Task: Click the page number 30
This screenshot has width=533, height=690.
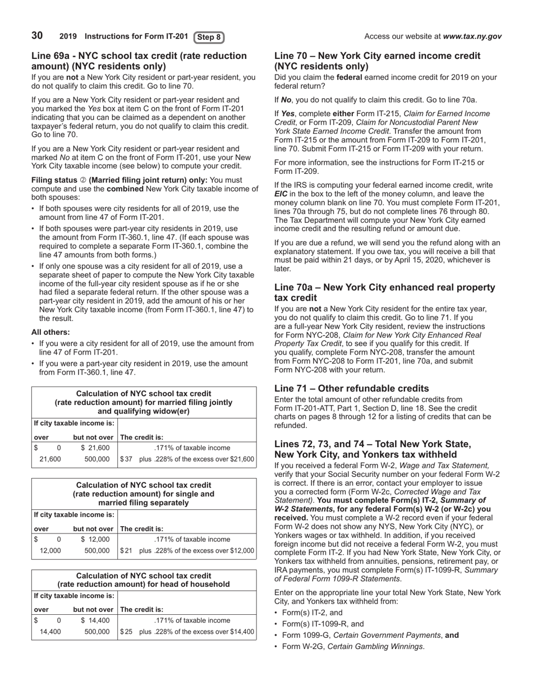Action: (x=37, y=36)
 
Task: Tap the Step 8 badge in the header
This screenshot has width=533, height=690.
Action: (x=209, y=37)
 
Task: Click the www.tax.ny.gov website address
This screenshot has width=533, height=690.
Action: (x=472, y=36)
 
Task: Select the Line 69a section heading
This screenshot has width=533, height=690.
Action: (x=139, y=61)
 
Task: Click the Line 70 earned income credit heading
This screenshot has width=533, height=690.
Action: (x=377, y=61)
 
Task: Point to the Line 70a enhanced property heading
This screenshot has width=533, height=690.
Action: (x=384, y=292)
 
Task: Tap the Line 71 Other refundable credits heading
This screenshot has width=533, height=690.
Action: (x=351, y=388)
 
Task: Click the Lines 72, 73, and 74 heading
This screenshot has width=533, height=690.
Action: (x=373, y=449)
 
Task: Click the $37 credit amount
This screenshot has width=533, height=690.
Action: (x=126, y=459)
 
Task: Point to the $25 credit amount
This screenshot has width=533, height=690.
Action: (x=126, y=632)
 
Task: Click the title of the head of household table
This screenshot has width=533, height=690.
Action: (x=144, y=580)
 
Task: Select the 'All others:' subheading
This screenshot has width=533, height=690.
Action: (x=50, y=332)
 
